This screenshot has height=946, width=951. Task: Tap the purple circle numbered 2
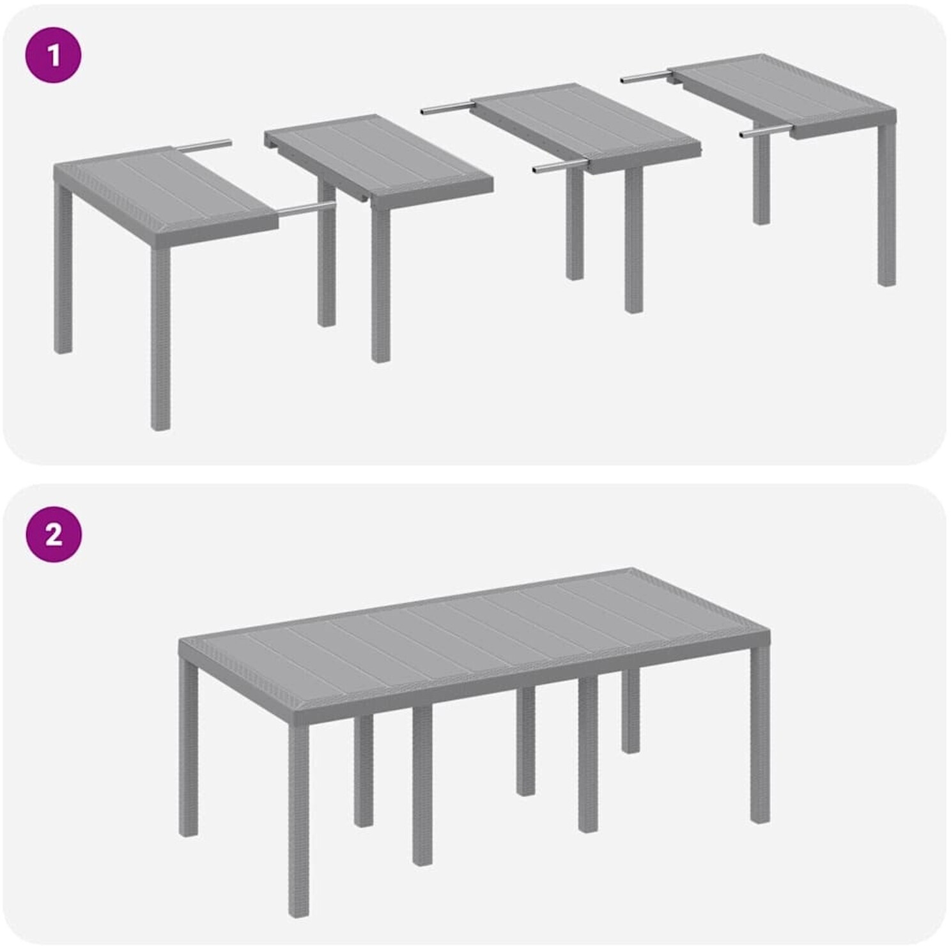click(x=54, y=534)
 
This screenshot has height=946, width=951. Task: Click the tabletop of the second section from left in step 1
click(x=378, y=160)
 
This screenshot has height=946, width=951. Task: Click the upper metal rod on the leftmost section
click(x=204, y=145)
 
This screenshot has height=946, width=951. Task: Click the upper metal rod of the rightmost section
click(x=646, y=77)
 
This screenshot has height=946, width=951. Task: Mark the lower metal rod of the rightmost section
click(x=766, y=133)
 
